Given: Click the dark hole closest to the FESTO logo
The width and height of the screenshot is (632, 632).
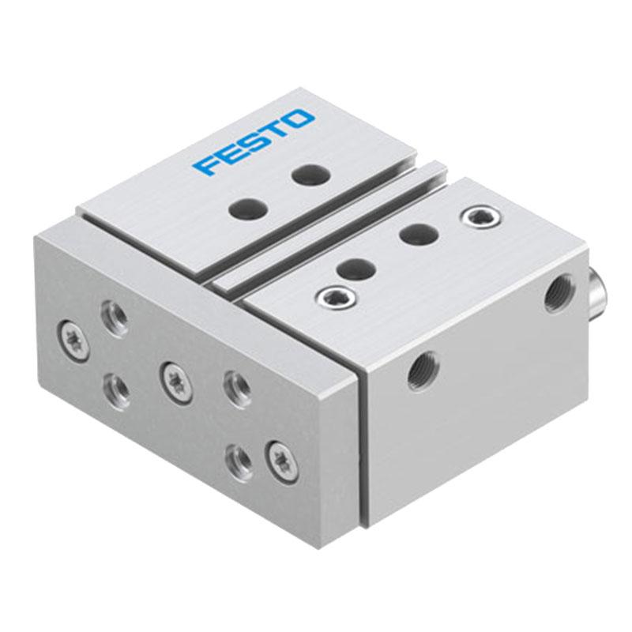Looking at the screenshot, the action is tap(311, 174).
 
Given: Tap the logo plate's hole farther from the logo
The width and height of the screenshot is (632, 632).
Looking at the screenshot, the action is tap(248, 209).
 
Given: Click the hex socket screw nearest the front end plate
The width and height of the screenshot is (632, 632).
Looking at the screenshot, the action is tap(337, 299).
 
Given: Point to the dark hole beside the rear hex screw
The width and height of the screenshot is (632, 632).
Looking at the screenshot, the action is tap(419, 235).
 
